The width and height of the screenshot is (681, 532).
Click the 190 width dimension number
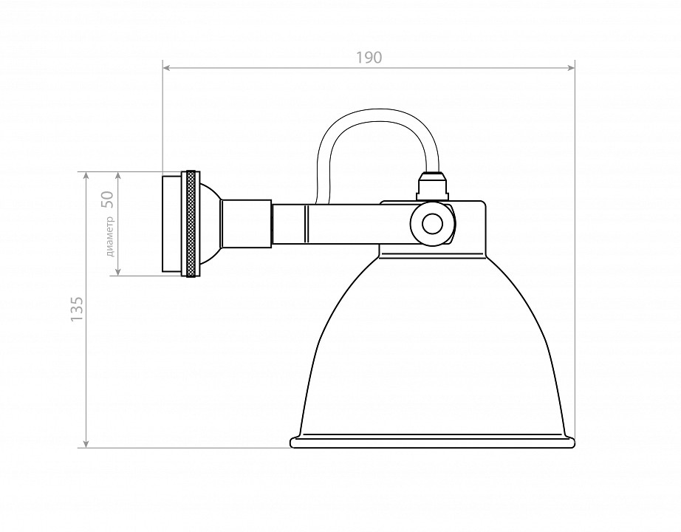click(x=369, y=57)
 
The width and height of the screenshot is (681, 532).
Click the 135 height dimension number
click(x=77, y=310)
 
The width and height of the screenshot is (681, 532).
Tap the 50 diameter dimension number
click(x=106, y=199)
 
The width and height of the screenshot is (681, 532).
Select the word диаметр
click(x=111, y=236)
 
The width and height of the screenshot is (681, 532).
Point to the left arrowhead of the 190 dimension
click(x=166, y=68)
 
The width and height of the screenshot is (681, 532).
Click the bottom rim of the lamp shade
click(x=432, y=443)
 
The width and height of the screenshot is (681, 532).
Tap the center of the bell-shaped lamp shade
click(x=432, y=347)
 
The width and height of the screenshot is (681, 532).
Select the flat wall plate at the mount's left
click(x=171, y=224)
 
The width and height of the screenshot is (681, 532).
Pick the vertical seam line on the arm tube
click(x=306, y=224)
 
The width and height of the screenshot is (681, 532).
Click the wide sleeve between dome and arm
click(x=247, y=224)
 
